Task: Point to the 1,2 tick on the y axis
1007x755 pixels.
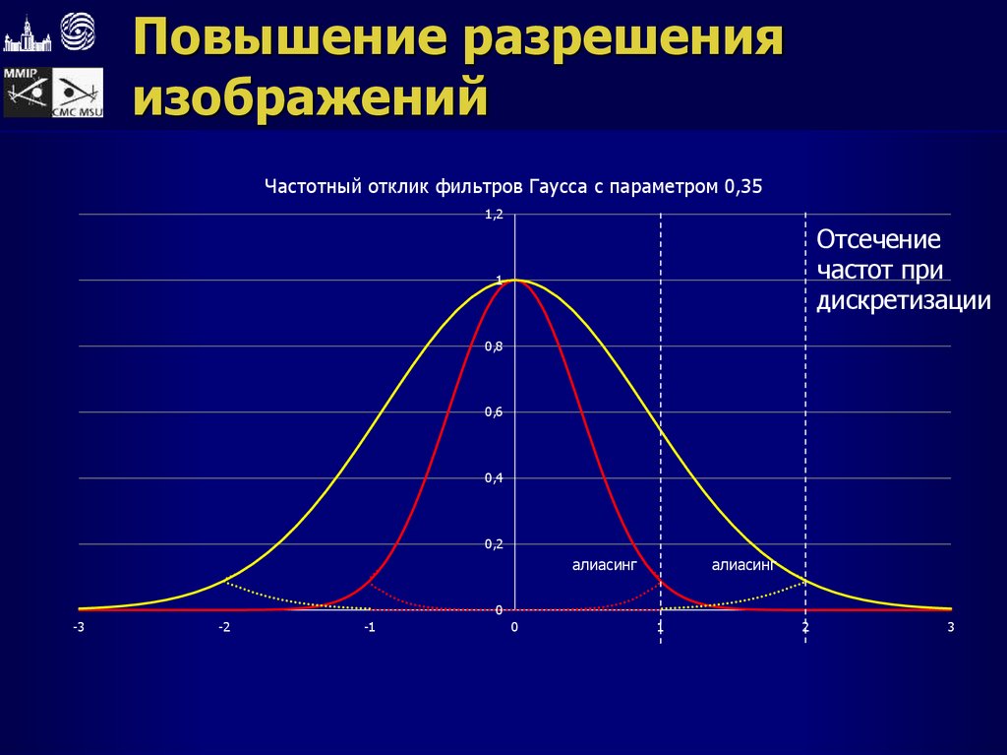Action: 494,214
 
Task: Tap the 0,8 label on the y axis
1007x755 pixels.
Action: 494,346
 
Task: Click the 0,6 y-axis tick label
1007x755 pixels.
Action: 494,411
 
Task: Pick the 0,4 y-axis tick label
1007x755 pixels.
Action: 494,478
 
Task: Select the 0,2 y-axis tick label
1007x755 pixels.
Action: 494,544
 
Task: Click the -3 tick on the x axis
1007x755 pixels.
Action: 78,627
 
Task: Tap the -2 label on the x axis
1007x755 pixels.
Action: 223,627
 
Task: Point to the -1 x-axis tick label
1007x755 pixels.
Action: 369,627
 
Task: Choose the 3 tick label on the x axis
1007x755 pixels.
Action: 951,627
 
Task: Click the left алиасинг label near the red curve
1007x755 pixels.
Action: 605,565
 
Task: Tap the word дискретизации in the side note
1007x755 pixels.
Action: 903,300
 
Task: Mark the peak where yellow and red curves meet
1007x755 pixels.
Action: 514,281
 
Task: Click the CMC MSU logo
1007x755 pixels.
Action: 77,94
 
